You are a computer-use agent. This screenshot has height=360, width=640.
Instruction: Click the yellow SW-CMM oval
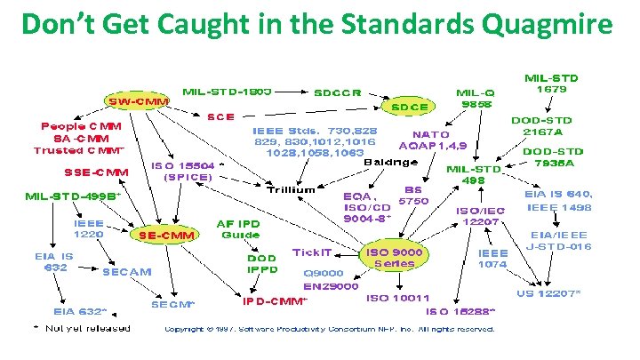[x=138, y=101]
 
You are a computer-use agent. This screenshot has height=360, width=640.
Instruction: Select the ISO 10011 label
[x=397, y=298]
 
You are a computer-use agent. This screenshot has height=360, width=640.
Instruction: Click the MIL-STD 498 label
[x=473, y=173]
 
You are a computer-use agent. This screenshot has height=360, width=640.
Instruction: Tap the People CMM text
[x=82, y=126]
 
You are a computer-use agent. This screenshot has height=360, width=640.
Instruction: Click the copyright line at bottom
[x=329, y=329]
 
